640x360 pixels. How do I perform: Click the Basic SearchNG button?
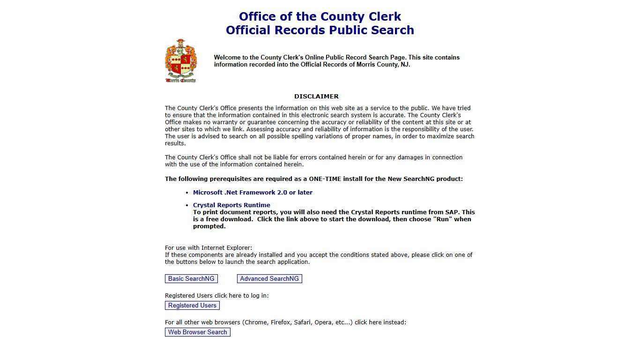pyautogui.click(x=191, y=278)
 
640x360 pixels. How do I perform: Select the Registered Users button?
pyautogui.click(x=192, y=305)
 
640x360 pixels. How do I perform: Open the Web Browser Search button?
pyautogui.click(x=197, y=332)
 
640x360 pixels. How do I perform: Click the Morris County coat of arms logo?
pyautogui.click(x=180, y=61)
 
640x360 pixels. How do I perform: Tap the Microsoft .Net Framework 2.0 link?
pyautogui.click(x=253, y=192)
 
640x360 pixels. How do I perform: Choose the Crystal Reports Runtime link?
pyautogui.click(x=231, y=205)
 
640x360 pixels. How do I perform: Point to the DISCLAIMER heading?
pyautogui.click(x=316, y=96)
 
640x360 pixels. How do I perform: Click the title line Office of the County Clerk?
pyautogui.click(x=320, y=16)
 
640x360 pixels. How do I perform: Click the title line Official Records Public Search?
pyautogui.click(x=320, y=30)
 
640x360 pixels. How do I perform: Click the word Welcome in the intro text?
pyautogui.click(x=227, y=57)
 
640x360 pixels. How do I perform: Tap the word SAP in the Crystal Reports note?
pyautogui.click(x=452, y=212)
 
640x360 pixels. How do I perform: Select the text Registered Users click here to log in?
pyautogui.click(x=216, y=295)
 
